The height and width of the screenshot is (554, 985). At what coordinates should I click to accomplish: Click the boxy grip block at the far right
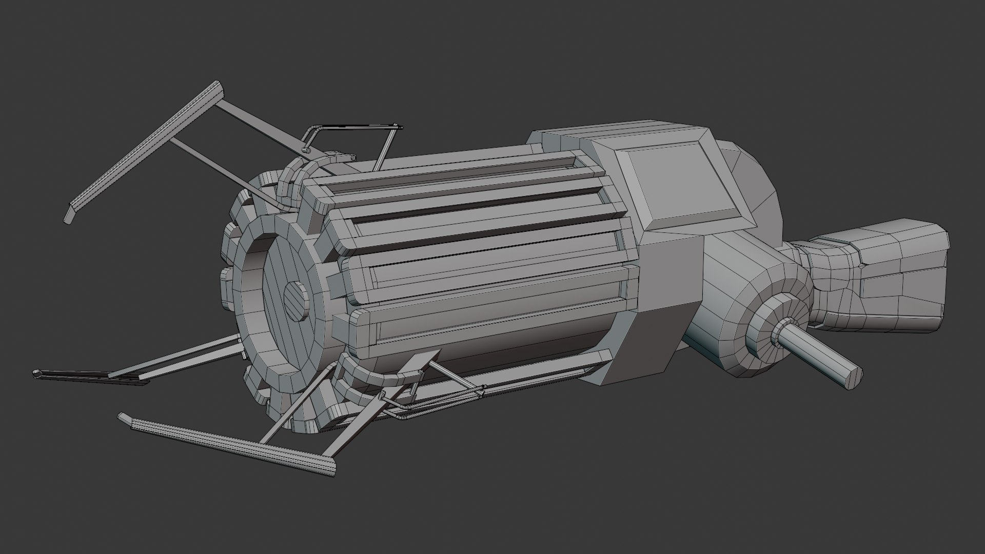(903, 277)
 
